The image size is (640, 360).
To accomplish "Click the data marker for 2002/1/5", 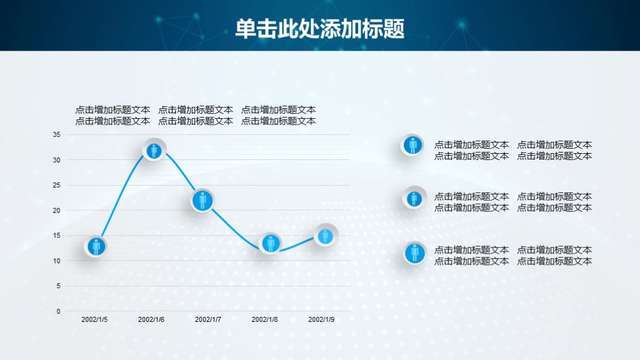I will [x=96, y=246].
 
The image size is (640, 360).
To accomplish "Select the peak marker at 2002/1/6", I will [x=154, y=150].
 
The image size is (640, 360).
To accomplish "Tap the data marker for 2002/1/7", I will [x=202, y=201].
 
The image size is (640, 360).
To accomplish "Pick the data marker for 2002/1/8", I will [x=271, y=243].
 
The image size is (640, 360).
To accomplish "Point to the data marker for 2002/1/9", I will [x=325, y=236].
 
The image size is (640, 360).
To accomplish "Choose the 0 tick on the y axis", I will [x=59, y=311].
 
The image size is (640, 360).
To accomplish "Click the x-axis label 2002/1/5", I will [x=94, y=319].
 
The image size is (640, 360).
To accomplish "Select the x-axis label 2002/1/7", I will [x=208, y=319].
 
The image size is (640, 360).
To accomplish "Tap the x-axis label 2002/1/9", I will [x=321, y=319].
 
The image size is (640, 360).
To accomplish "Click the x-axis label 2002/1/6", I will [x=151, y=319].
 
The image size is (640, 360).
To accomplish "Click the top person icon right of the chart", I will [x=412, y=145].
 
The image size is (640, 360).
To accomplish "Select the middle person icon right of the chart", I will [x=414, y=198].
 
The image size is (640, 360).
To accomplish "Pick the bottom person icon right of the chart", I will [x=414, y=253].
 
